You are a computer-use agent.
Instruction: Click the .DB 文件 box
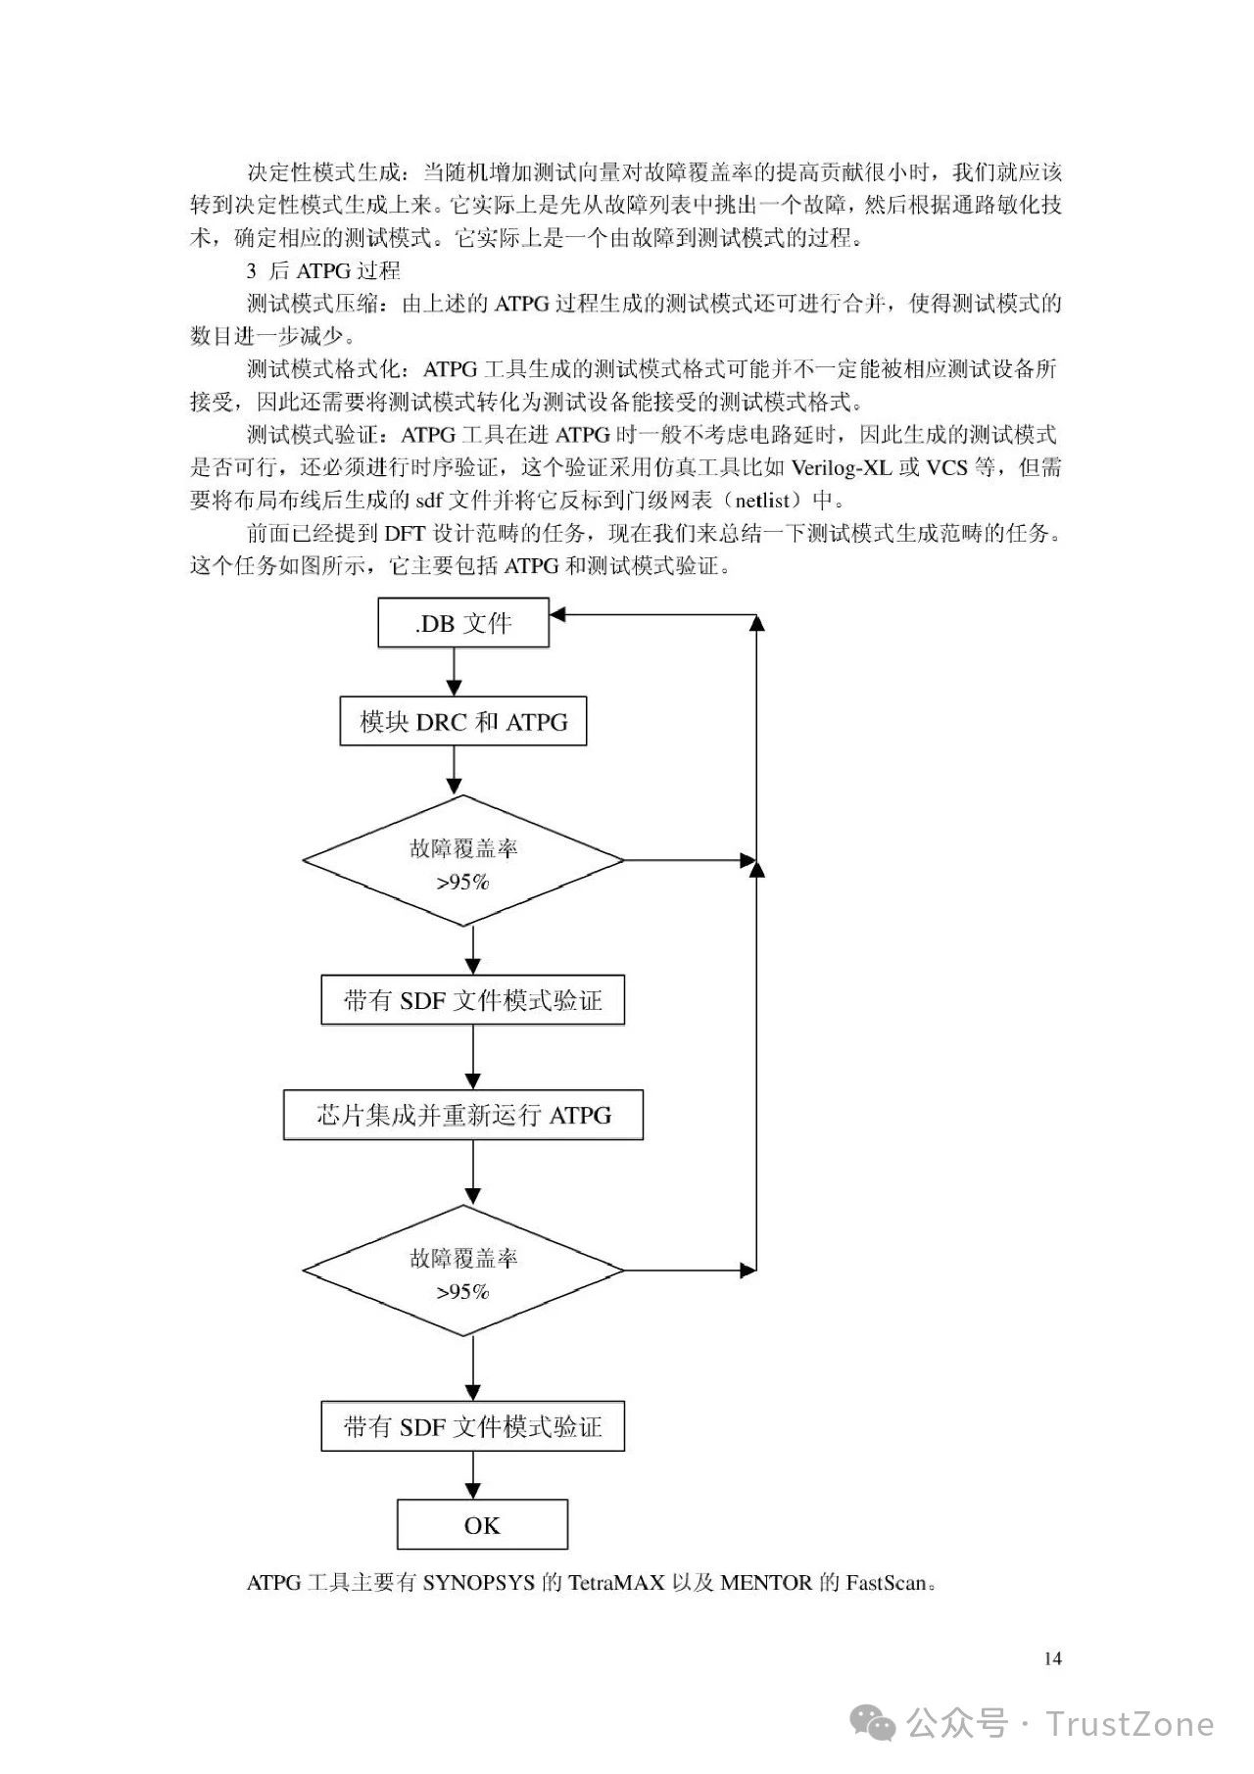tap(463, 623)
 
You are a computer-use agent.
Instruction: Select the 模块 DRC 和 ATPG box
tap(463, 722)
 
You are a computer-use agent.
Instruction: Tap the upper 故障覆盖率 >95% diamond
tap(463, 861)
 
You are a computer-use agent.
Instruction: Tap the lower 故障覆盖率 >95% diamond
tap(463, 1271)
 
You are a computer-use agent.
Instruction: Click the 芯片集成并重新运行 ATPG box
tap(463, 1115)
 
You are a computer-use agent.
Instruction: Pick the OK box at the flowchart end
tap(482, 1525)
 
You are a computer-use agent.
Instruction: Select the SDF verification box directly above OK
tap(473, 1426)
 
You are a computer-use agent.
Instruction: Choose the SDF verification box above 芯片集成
tap(473, 1000)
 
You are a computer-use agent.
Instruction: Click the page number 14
tap(1053, 1658)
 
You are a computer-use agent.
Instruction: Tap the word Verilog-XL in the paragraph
tap(842, 467)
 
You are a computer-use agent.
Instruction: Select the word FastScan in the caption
tap(885, 1583)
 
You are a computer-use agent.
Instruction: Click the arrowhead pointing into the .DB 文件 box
tap(557, 615)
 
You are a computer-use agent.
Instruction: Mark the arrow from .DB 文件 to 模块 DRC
tap(454, 672)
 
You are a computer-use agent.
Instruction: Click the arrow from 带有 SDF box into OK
tap(473, 1475)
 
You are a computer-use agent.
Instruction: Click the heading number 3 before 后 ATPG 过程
tap(252, 271)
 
